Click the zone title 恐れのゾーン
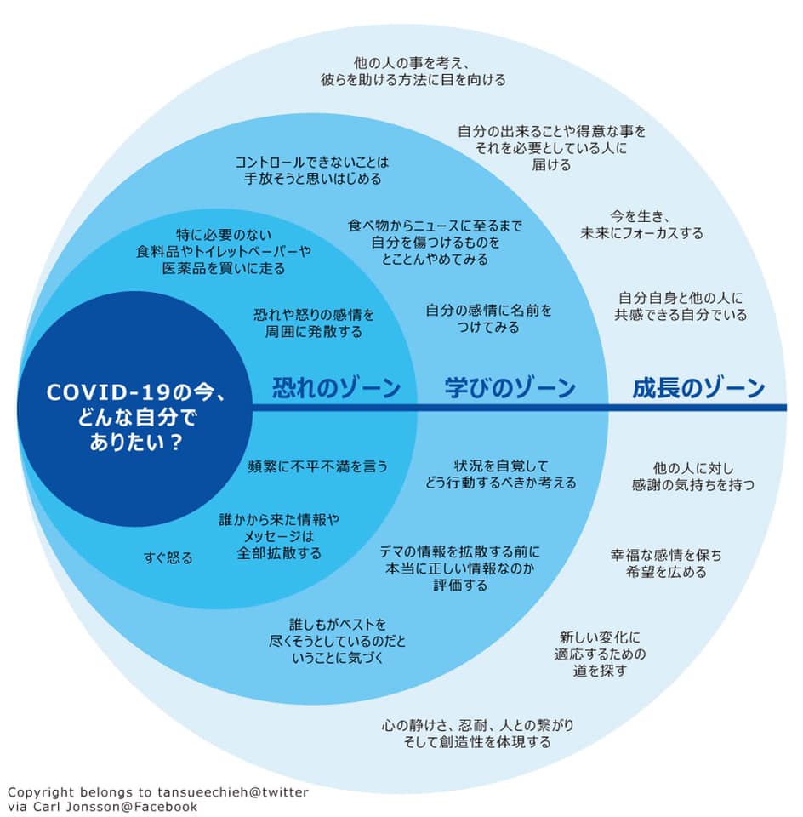coord(336,388)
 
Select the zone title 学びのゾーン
coord(510,388)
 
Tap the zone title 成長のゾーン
coord(699,388)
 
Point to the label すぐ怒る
coord(168,558)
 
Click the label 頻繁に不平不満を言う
coord(318,466)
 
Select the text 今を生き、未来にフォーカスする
coord(641,225)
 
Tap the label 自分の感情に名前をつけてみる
coord(488,319)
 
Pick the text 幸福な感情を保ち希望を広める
coord(667,563)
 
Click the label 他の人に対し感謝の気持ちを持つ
coord(693,477)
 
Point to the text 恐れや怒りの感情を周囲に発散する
coord(314,323)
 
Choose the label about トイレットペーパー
coord(224,252)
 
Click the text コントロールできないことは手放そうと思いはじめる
coord(312,170)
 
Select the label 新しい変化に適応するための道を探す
coord(600,654)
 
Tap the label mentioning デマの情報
coord(460,568)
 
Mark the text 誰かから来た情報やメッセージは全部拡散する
coord(279,536)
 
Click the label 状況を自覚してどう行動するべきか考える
coord(501,474)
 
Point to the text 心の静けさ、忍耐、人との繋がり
coord(477,725)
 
